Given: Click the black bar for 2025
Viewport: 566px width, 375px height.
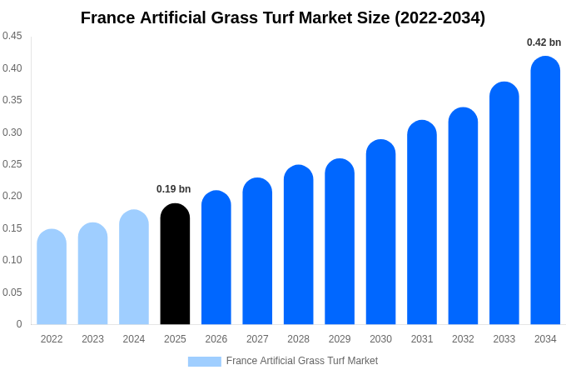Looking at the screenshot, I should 175,264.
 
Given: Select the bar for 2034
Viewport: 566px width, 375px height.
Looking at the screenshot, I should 545,191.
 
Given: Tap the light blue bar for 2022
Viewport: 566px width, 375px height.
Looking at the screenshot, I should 52,277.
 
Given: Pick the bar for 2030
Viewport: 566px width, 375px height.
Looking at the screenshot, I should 380,232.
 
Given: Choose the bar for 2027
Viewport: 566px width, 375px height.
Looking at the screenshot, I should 257,252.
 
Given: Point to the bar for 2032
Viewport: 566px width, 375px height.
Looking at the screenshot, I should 463,217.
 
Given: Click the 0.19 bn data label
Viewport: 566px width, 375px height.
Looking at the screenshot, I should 173,189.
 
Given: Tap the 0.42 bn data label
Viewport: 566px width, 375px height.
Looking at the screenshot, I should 544,42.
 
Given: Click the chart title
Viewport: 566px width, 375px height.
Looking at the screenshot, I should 283,17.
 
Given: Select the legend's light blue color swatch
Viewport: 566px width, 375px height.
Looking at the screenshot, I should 204,362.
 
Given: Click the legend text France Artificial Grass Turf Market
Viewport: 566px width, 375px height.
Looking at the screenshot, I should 302,361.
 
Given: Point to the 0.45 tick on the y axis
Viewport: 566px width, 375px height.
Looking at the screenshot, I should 12,36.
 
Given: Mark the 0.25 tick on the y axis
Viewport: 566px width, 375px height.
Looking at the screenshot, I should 12,164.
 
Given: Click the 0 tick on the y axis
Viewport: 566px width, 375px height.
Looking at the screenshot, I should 19,324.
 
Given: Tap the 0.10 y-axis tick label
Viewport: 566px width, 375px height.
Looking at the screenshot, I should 12,260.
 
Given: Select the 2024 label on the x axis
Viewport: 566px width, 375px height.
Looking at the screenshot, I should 134,339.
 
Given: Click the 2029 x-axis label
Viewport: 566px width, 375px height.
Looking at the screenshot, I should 340,339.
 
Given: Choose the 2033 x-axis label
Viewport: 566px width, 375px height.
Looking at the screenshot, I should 504,339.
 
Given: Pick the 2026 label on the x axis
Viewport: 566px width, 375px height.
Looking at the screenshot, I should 216,339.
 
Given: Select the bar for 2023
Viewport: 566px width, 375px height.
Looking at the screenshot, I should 92,274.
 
